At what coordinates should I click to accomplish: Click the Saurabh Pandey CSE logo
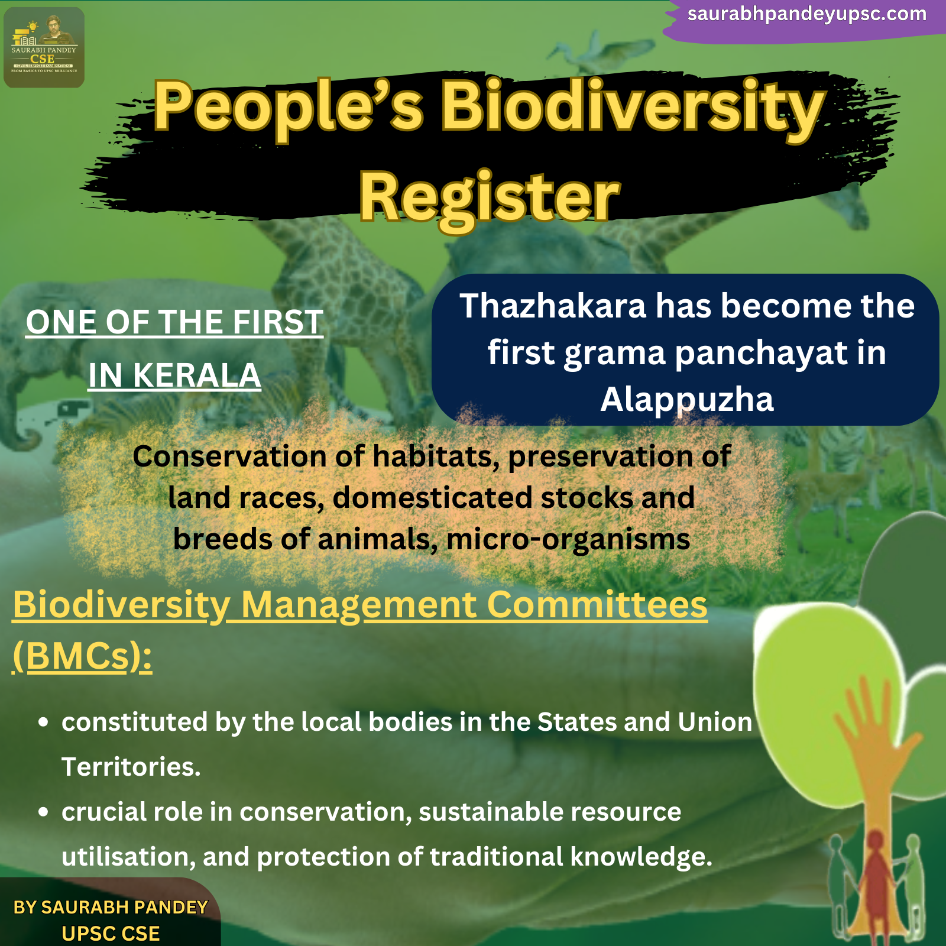tap(44, 47)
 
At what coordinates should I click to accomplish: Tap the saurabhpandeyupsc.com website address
tap(806, 14)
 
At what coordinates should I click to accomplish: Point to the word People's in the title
tap(289, 106)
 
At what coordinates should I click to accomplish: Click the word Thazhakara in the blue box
tap(553, 306)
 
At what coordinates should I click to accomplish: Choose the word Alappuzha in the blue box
tap(687, 400)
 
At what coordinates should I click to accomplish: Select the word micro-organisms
tap(568, 540)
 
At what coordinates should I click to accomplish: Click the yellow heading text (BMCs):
tap(82, 656)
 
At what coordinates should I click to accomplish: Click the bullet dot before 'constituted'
tap(43, 722)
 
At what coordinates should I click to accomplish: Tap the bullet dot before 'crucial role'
tap(43, 812)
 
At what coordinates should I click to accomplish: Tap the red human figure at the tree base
tap(876, 881)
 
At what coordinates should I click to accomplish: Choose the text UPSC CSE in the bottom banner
tap(111, 934)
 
